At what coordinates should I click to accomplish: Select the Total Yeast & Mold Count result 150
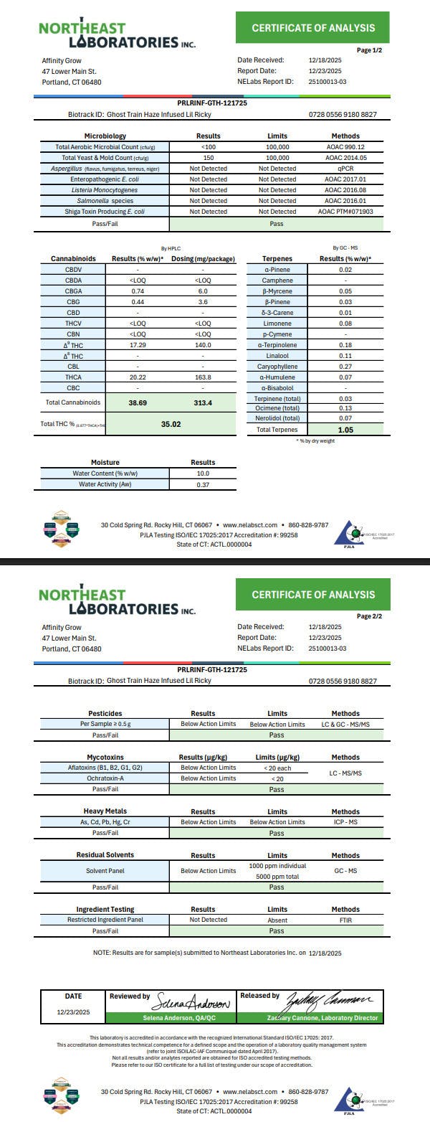(x=209, y=157)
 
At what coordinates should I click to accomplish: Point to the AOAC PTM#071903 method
(x=345, y=212)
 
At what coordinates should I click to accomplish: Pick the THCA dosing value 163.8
(x=203, y=377)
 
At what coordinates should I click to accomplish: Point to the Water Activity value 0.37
(x=203, y=485)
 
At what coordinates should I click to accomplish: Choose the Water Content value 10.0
(x=203, y=473)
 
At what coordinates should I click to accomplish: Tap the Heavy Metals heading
(x=105, y=811)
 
